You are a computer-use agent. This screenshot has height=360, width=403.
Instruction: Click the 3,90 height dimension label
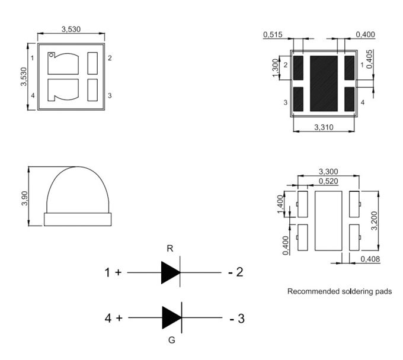pos(25,198)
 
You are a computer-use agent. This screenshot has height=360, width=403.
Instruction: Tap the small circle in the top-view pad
pos(52,54)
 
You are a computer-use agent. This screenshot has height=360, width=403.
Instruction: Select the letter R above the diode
pos(170,249)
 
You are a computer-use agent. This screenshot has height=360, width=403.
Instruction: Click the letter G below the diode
pos(172,340)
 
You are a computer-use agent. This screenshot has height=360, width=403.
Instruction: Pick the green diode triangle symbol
pos(172,317)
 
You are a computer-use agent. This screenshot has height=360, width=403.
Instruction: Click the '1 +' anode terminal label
pos(113,272)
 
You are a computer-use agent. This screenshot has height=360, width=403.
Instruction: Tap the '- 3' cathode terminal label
pos(237,319)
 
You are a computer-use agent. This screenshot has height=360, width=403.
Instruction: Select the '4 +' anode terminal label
pos(114,318)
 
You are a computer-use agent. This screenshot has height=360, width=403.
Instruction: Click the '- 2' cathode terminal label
pos(236,272)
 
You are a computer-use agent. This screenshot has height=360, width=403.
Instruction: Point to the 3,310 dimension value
pos(324,127)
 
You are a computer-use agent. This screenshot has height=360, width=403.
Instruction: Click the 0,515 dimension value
pos(273,34)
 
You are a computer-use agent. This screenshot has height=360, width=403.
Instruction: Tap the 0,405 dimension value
pos(369,59)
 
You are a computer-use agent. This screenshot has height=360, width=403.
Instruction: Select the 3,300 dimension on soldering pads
pos(328,171)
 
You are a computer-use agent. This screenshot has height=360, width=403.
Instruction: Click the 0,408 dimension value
pos(370,259)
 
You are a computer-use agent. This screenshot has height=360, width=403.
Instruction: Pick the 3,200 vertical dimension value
pos(375,221)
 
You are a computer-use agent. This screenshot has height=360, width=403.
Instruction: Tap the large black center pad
pos(324,83)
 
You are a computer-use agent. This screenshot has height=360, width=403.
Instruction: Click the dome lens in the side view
pos(78,189)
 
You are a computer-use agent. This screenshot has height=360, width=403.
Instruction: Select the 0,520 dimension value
pos(328,181)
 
